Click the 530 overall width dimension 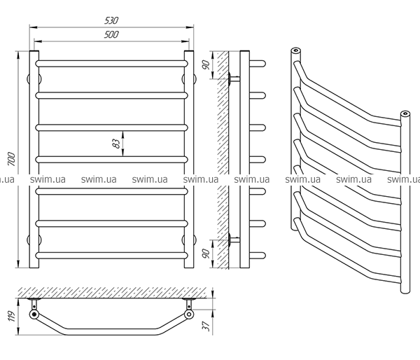coord(111,12)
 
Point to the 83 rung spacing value coord(115,144)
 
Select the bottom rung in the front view coord(111,254)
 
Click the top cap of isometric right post coord(404,113)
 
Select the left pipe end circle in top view coord(33,315)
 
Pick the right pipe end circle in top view coord(190,315)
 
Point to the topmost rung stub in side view coord(258,63)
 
